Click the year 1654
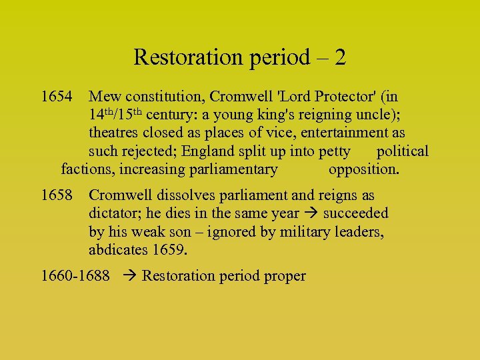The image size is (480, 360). coord(57,97)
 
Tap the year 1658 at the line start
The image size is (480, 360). coord(57,196)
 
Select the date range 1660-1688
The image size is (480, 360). coord(75,276)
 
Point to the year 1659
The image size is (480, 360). coord(170,251)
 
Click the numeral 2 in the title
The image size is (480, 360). coord(340,57)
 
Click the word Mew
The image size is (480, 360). coord(105,97)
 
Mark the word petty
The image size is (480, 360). coord(334,151)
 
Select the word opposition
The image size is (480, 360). coord(364,169)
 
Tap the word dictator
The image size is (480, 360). coord(114,214)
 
